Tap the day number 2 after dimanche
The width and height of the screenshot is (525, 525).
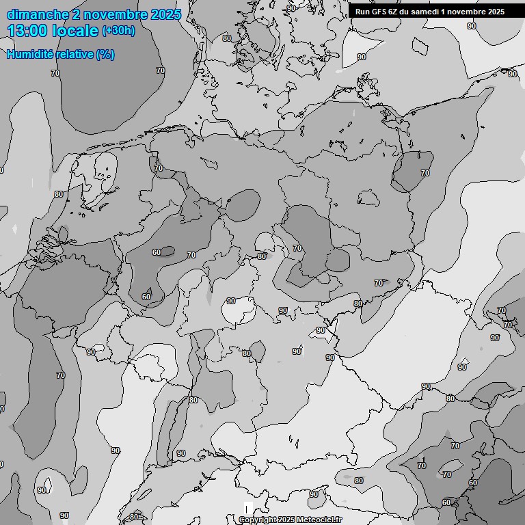76,14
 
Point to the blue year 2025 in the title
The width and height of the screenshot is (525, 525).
166,14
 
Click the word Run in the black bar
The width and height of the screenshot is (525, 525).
362,11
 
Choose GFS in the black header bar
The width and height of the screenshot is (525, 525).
381,11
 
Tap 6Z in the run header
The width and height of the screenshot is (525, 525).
398,11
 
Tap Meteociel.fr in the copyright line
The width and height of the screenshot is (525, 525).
318,520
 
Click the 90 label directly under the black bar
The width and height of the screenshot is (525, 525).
472,26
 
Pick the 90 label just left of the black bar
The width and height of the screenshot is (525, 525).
292,8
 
